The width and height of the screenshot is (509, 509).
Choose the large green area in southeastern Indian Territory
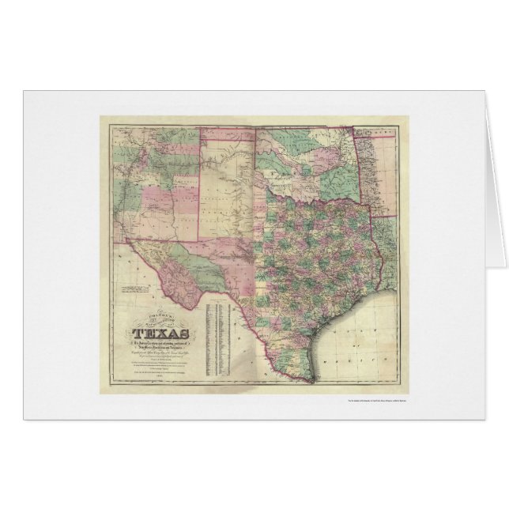point(337,180)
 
